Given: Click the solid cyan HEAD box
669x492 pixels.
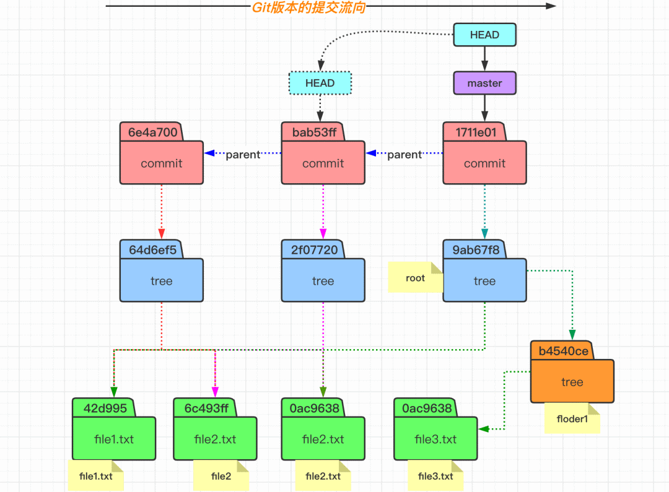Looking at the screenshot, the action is (x=484, y=35).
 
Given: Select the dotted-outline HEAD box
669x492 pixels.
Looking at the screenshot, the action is (x=320, y=83).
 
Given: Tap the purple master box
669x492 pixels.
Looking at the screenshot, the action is (x=484, y=83).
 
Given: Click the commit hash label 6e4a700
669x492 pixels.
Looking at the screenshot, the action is (x=153, y=132).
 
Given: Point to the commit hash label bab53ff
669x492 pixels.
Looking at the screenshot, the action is (x=314, y=132).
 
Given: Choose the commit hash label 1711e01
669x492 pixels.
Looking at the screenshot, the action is (x=476, y=132).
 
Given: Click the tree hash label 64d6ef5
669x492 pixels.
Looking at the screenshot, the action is (x=152, y=250).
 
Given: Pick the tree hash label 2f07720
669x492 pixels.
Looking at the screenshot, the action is (x=314, y=250).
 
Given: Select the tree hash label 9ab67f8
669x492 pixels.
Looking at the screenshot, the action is (x=476, y=250).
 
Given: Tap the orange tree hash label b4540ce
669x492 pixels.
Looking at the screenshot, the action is (x=563, y=351).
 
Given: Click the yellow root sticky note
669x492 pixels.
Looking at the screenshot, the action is (x=416, y=277).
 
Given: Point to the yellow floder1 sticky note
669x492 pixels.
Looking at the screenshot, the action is (x=572, y=418).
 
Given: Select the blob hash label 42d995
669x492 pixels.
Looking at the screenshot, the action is (x=105, y=408).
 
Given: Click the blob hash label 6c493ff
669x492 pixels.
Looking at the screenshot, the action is (x=206, y=408).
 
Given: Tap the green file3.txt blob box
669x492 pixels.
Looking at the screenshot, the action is (x=435, y=438).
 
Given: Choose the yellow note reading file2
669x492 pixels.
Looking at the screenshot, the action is (x=221, y=476).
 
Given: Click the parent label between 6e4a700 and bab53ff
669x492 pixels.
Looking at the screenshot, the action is (x=243, y=154).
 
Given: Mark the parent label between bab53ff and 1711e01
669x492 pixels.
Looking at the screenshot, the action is (x=404, y=154).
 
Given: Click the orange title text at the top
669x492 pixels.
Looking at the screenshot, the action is (x=308, y=7).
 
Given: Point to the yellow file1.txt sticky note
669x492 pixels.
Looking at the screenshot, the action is (x=95, y=476).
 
